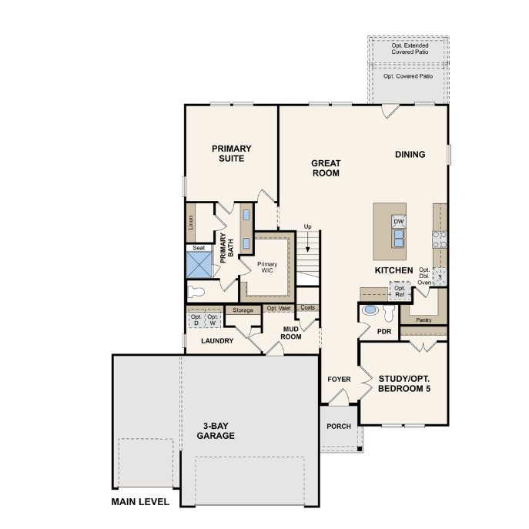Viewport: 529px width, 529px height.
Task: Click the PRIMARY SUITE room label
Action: click(x=232, y=153)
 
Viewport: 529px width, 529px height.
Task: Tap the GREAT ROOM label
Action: click(x=326, y=168)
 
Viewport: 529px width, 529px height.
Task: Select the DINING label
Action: click(x=410, y=155)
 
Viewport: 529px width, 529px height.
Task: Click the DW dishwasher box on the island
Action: click(x=399, y=221)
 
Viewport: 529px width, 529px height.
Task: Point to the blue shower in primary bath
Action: click(x=199, y=265)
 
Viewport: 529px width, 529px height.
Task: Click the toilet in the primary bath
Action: click(x=196, y=292)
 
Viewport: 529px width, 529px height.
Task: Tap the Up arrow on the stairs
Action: click(x=308, y=243)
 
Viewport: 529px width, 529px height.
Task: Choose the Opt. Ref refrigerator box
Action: click(x=400, y=291)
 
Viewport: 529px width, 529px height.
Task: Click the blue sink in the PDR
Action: click(x=370, y=310)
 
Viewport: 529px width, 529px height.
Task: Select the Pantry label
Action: click(x=424, y=320)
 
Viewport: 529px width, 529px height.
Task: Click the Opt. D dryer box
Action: click(x=196, y=320)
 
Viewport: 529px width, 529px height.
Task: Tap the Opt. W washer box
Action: click(x=213, y=320)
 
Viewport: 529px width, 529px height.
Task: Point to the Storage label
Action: click(x=243, y=310)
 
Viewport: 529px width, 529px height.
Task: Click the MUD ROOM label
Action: click(x=291, y=333)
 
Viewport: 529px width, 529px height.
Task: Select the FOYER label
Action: click(x=339, y=379)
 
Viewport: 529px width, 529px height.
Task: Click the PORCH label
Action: click(x=339, y=427)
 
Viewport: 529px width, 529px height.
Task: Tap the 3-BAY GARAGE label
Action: click(x=216, y=431)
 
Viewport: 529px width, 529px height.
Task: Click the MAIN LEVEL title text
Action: click(x=140, y=502)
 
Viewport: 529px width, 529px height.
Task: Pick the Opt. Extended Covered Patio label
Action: click(x=410, y=49)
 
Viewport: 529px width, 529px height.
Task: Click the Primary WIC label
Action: click(x=267, y=267)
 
